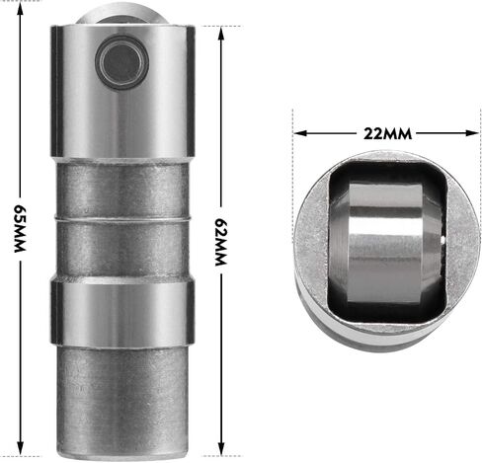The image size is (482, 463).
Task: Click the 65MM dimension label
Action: (x=20, y=229)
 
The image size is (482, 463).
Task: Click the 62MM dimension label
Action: (x=221, y=242)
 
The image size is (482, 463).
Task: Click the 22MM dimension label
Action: (x=387, y=133)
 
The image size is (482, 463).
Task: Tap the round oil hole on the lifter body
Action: (x=122, y=62)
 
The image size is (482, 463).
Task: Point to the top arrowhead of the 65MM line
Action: (x=20, y=9)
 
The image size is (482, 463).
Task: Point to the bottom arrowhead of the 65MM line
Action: (x=20, y=449)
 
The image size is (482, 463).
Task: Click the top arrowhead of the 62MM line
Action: (x=221, y=34)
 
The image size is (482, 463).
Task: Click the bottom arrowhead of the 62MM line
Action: (x=221, y=448)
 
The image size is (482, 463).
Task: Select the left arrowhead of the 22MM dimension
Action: (x=300, y=133)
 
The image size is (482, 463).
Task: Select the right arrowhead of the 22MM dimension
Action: (x=472, y=133)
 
